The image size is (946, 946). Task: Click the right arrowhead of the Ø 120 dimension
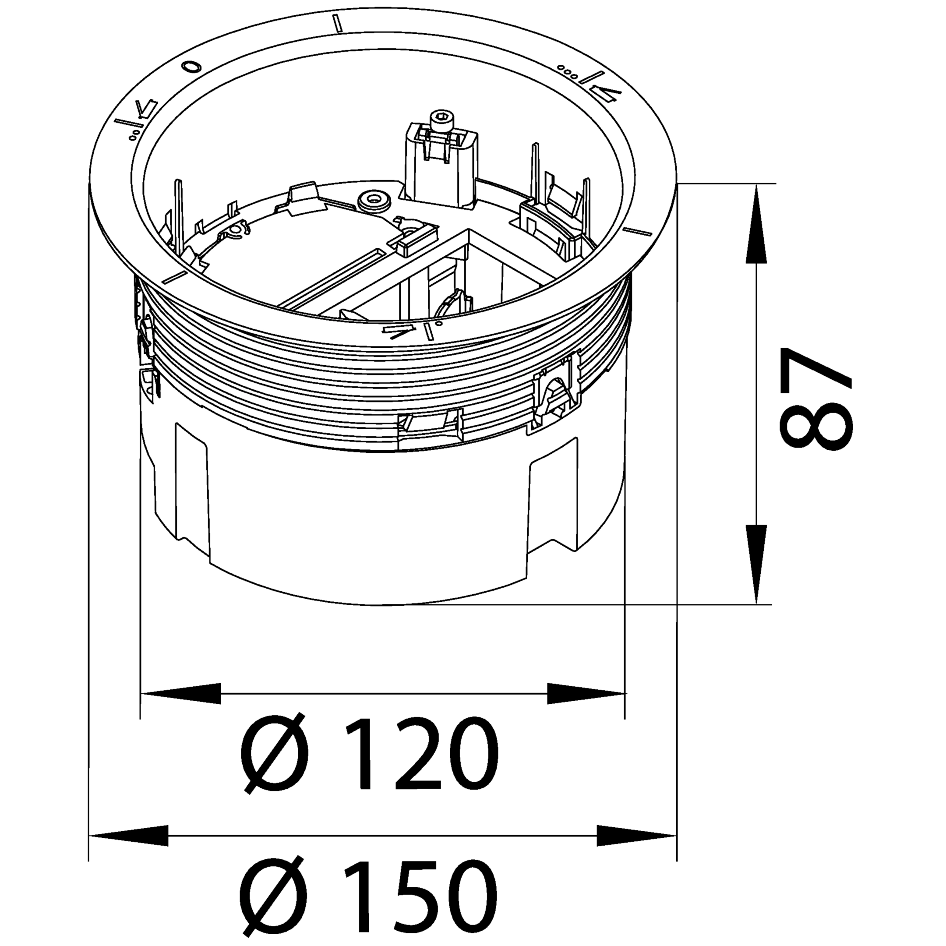point(586,693)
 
